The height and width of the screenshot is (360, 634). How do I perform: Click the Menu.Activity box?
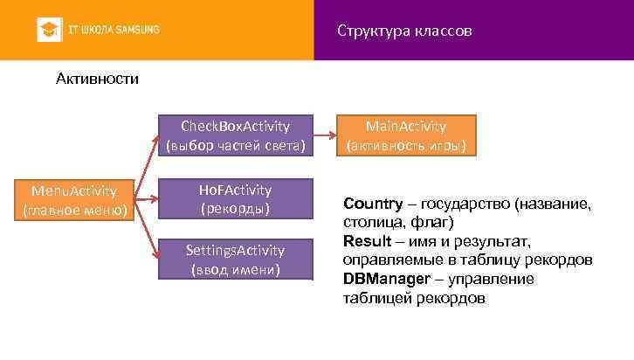pos(75,199)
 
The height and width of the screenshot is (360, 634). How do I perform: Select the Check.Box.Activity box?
pos(235,135)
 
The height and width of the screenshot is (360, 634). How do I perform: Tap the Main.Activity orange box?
pos(406,135)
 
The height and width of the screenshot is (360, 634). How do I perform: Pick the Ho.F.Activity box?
pos(235,199)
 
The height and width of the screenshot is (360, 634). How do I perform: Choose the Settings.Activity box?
pos(235,260)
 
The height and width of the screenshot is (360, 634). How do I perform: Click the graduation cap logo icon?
pos(49,30)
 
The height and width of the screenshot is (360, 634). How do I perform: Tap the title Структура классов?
pos(404,31)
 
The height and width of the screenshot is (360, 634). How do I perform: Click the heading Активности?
pos(97,80)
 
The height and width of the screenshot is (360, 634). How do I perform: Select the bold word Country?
pos(373,204)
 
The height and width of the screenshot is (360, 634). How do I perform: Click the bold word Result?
pos(366,241)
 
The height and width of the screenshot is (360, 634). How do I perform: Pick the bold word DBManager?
pos(385,279)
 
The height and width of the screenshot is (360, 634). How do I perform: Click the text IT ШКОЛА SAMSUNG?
pos(114,30)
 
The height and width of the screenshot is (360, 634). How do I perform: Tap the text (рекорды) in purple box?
pos(235,209)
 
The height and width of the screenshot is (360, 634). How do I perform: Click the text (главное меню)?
pos(75,210)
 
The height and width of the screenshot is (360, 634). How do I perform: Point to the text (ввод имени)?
pos(235,269)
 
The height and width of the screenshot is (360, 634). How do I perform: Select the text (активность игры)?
pos(406,145)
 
